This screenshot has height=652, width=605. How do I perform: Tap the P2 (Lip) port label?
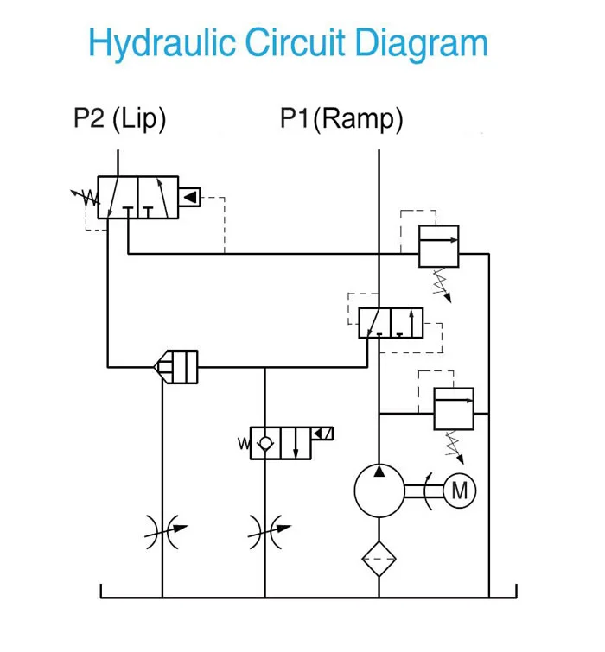coord(119,118)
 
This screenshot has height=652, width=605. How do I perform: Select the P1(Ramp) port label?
coord(341,118)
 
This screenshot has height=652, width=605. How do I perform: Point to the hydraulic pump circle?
coord(379,491)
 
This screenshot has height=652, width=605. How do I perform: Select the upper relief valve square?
coord(438,246)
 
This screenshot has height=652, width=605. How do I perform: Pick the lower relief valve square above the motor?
coord(453,408)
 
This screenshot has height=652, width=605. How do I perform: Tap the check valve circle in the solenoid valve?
coord(264,442)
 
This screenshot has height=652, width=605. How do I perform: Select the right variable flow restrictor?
coord(265,532)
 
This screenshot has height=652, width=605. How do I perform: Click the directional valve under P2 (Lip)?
coord(137,198)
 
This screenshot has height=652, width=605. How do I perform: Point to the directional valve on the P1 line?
coord(391,322)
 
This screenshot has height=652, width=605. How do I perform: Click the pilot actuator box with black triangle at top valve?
coord(190,198)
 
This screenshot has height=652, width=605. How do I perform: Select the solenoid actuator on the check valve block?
coord(322,434)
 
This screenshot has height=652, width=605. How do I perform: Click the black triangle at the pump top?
coord(379,472)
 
